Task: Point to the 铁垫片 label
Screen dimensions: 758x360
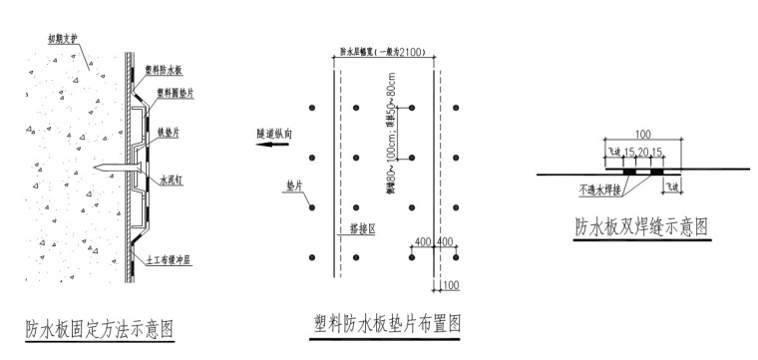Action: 169,131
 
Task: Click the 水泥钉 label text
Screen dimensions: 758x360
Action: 171,182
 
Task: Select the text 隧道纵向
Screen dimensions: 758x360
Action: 273,131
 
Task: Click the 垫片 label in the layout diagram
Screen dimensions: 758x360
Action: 292,185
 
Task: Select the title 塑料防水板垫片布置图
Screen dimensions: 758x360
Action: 388,323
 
